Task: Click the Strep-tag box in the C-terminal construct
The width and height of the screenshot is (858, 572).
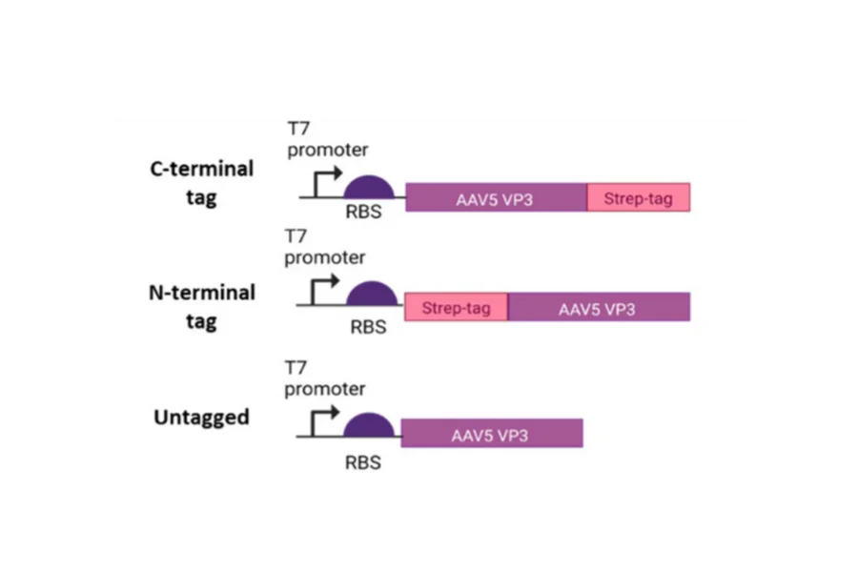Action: (637, 198)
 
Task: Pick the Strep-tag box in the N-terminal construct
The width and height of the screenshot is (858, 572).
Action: (456, 307)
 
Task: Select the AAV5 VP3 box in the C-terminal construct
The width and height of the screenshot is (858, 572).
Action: (496, 198)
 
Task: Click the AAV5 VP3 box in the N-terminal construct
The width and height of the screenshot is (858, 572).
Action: (598, 307)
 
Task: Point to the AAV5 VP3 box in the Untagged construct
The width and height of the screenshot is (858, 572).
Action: (491, 434)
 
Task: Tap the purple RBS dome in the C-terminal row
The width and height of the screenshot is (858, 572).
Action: (367, 188)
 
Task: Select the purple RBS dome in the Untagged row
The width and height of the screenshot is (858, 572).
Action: (367, 426)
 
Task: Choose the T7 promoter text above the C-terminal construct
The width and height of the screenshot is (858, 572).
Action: (326, 138)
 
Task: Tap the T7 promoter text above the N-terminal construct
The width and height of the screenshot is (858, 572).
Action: (326, 246)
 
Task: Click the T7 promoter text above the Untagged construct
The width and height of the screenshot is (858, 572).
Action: (326, 377)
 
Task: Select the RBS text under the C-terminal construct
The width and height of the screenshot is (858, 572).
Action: (364, 213)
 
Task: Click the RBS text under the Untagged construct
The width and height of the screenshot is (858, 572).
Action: (364, 463)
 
